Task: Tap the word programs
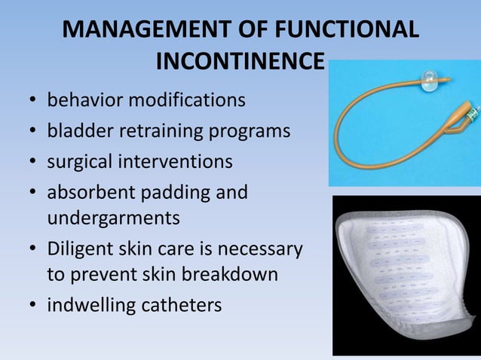(x=253, y=131)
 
